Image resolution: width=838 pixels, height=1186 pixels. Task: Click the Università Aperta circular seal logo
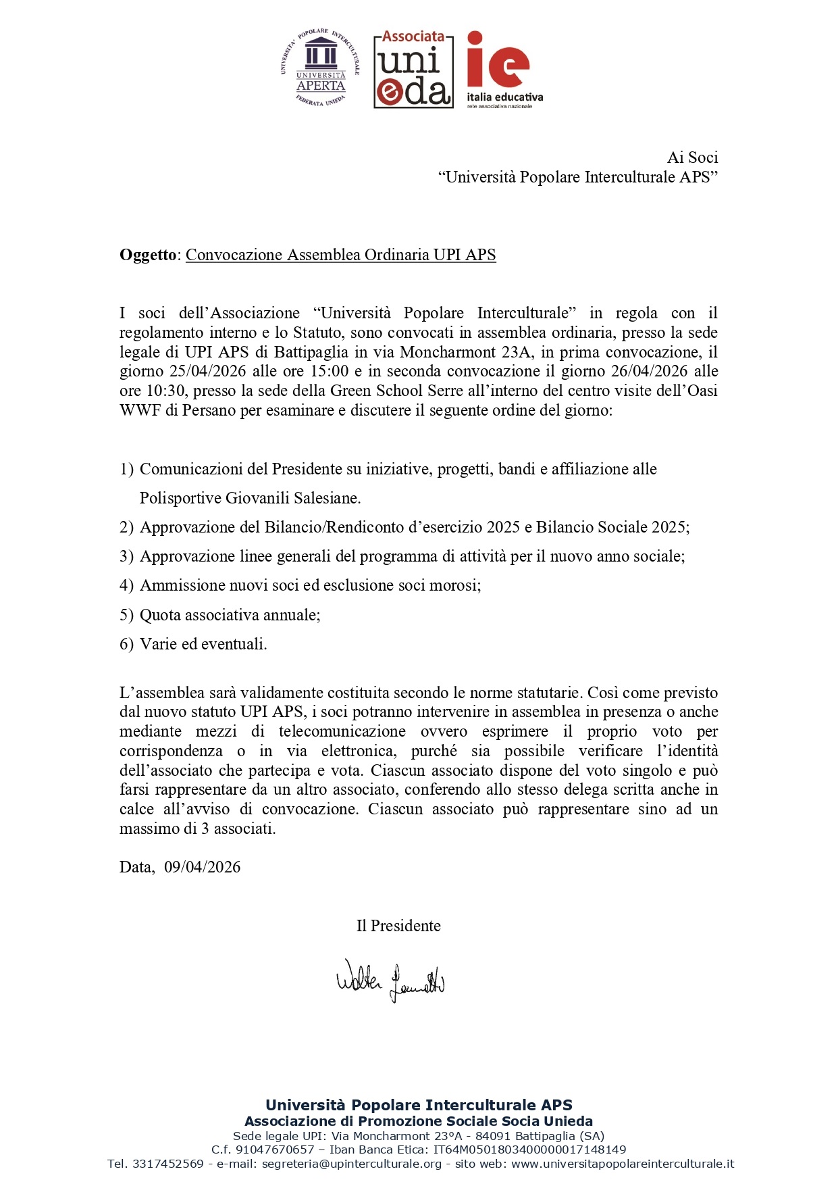(320, 68)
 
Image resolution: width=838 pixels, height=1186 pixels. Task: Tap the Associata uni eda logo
(413, 70)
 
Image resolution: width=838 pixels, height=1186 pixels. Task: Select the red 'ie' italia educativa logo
(504, 70)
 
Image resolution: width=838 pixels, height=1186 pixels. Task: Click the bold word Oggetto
(147, 255)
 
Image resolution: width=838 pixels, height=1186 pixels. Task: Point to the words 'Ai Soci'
(692, 157)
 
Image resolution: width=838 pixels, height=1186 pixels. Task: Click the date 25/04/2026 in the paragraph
(207, 371)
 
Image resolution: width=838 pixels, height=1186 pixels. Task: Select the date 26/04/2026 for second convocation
(649, 371)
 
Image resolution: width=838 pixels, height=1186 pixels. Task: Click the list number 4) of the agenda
(126, 585)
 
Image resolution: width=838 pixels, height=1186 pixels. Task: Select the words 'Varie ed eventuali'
(203, 644)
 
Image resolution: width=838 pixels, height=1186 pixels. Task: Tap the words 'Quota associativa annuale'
(229, 615)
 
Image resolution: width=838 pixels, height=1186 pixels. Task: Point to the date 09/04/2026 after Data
(202, 867)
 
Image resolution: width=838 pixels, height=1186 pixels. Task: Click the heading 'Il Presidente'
(398, 926)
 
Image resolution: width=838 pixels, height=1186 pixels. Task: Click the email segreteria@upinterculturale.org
(351, 1164)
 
